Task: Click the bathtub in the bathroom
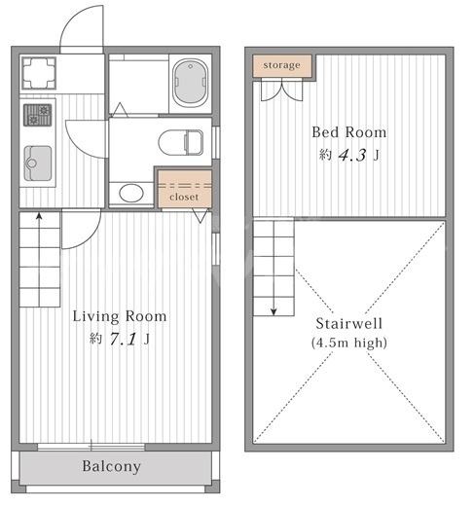tap(190, 83)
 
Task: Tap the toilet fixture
tap(181, 142)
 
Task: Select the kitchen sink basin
tap(38, 163)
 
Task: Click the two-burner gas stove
tap(38, 115)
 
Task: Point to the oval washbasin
tap(131, 193)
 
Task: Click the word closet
tap(184, 197)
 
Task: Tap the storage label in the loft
tap(281, 65)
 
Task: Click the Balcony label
tap(111, 466)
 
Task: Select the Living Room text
tap(120, 316)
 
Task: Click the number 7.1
tap(123, 340)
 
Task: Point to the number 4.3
tap(352, 155)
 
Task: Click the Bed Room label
tap(349, 132)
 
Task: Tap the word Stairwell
tap(349, 323)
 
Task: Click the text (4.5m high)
tap(349, 343)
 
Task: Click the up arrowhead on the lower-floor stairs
tap(39, 216)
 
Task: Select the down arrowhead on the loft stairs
tap(273, 312)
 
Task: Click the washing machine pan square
tap(39, 73)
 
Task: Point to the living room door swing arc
tap(91, 237)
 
